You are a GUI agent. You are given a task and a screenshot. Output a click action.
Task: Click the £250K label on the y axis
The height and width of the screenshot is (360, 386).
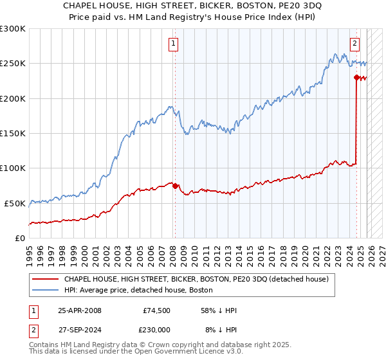13,64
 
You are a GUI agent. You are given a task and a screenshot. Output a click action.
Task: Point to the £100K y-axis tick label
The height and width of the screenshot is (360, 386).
13,168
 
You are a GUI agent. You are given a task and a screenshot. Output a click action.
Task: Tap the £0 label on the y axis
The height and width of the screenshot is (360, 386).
21,238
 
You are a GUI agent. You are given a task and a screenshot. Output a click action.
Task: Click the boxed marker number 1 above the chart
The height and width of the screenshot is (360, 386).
174,44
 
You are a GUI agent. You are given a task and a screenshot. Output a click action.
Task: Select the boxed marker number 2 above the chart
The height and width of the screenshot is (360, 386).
354,44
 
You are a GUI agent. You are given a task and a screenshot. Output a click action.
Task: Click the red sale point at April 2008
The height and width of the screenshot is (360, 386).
175,186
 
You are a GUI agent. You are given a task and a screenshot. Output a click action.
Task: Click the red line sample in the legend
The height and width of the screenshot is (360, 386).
45,280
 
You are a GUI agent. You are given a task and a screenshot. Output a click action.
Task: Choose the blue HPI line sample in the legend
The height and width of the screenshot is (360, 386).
45,290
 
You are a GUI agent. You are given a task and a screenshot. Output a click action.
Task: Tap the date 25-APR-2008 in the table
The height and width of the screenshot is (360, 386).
80,310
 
